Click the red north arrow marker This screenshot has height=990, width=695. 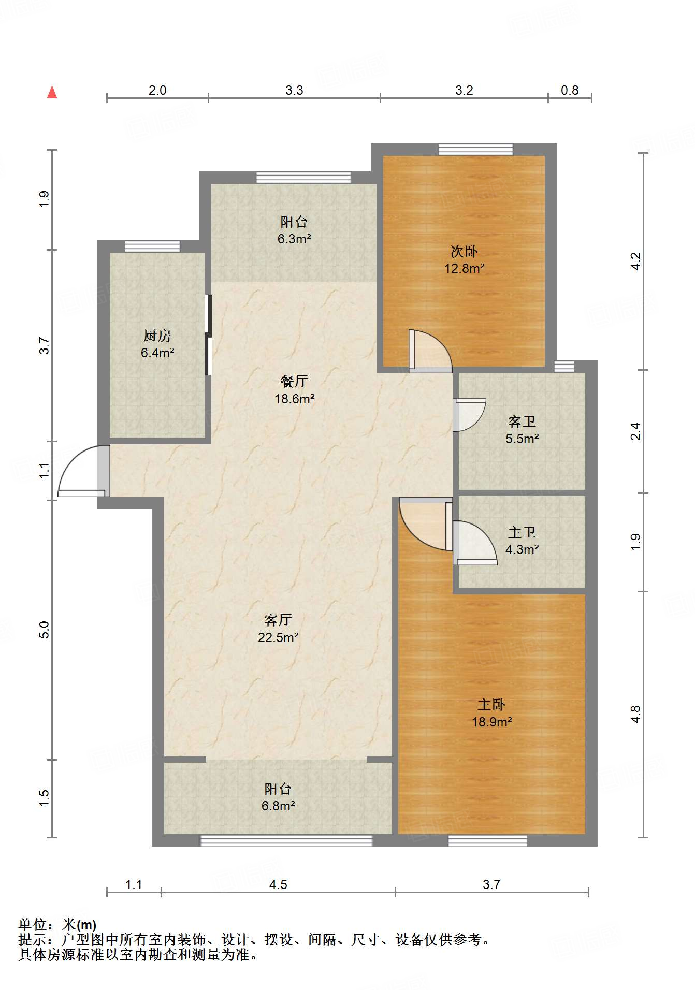[52, 92]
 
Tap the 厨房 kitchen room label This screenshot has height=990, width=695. [157, 344]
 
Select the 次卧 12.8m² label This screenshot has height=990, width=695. [464, 260]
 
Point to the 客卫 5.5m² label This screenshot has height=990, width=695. [522, 430]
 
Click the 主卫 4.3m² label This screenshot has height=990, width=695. [522, 541]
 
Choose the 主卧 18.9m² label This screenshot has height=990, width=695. [491, 713]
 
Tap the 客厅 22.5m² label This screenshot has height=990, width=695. [278, 629]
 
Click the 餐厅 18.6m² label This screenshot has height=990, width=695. [294, 390]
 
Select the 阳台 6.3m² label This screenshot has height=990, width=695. [294, 230]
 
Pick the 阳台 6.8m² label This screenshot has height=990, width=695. [278, 797]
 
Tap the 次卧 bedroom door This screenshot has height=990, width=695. [430, 351]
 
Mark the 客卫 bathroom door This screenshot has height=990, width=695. [469, 415]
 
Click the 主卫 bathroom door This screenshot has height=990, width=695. [475, 543]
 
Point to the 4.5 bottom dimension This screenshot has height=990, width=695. [278, 884]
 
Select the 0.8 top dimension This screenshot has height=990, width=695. [570, 90]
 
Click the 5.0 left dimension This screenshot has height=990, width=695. [44, 630]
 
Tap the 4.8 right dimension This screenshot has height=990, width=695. [635, 714]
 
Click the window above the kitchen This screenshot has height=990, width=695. [152, 246]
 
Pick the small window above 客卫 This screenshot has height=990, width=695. [564, 367]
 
